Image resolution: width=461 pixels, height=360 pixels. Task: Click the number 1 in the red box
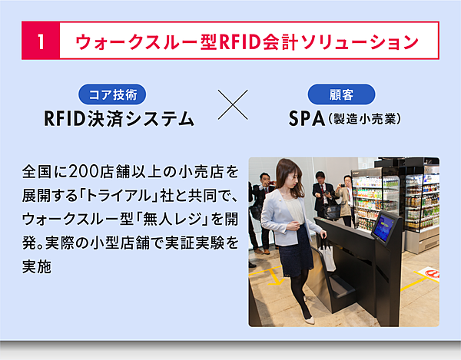coord(41,41)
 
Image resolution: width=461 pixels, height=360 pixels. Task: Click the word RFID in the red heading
coord(240,41)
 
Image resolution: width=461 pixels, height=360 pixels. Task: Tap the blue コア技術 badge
coord(112,94)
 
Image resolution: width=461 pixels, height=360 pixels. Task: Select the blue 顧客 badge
coord(341,94)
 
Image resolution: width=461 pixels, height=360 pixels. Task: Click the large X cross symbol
coord(233,105)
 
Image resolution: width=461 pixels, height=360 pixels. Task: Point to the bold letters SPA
coord(307,119)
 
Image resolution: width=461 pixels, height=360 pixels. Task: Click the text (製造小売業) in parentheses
coord(364,119)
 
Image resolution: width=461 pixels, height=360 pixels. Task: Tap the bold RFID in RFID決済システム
coord(65,119)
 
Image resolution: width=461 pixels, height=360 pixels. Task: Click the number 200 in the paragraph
coord(84,171)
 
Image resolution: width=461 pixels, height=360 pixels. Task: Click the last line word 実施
coord(37,266)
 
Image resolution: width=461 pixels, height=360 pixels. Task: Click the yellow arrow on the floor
coord(276,277)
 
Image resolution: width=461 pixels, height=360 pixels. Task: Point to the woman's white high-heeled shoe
coord(309,319)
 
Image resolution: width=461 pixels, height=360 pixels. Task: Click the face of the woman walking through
coord(291,179)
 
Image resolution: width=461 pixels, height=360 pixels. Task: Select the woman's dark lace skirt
coord(295,250)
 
